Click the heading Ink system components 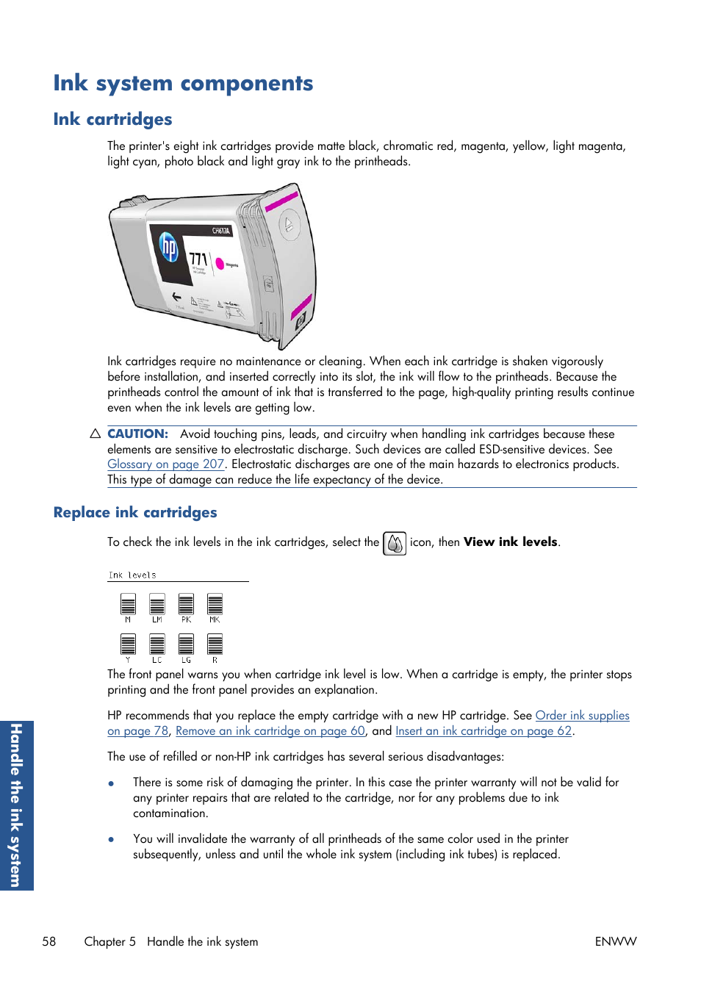click(183, 83)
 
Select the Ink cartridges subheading click(112, 119)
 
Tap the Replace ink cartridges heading click(135, 512)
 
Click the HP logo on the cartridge click(169, 248)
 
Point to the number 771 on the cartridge click(198, 259)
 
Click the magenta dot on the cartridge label click(219, 264)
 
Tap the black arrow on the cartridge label click(176, 296)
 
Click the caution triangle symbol click(95, 434)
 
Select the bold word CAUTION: click(137, 434)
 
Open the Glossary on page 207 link click(165, 464)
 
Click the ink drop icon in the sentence click(395, 543)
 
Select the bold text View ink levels click(510, 542)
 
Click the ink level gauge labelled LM click(157, 605)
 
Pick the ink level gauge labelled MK click(215, 605)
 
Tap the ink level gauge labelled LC click(157, 644)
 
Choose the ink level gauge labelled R click(215, 644)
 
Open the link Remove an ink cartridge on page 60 click(270, 731)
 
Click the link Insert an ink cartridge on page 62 click(483, 731)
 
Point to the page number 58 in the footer click(49, 941)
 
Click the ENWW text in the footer click(615, 941)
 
